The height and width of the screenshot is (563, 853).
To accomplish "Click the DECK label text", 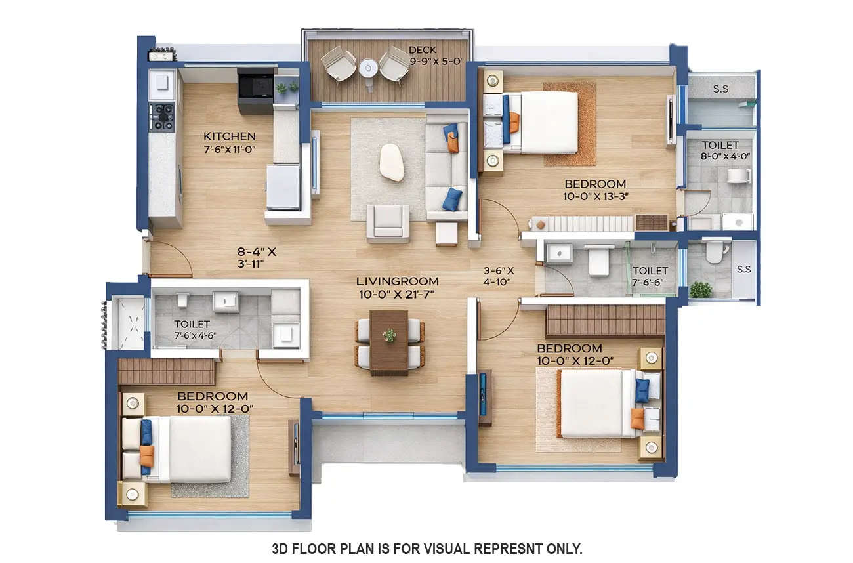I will tap(422, 50).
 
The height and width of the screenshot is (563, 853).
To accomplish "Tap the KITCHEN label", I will tap(229, 136).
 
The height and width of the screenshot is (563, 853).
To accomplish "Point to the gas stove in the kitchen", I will tap(161, 117).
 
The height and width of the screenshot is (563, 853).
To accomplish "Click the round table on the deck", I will tap(368, 67).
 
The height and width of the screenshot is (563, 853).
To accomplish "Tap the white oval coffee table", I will tap(392, 162).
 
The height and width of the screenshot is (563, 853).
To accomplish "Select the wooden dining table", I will tap(389, 342).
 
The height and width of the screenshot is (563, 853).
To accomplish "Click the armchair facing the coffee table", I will tap(388, 222).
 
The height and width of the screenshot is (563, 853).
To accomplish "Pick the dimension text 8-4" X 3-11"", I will tap(257, 257).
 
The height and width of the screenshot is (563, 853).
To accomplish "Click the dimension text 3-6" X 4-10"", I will tap(499, 276).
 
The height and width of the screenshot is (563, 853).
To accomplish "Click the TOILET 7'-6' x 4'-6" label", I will tap(192, 329).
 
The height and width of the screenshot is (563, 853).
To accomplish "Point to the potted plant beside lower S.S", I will tap(701, 289).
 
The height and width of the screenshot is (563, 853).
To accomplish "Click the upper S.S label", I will tap(720, 89).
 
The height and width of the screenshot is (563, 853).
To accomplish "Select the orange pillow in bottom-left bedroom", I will tap(147, 455).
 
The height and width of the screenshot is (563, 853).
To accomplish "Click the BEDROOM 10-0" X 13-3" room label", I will tap(595, 184).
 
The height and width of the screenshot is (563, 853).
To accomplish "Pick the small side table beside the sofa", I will tap(446, 234).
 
